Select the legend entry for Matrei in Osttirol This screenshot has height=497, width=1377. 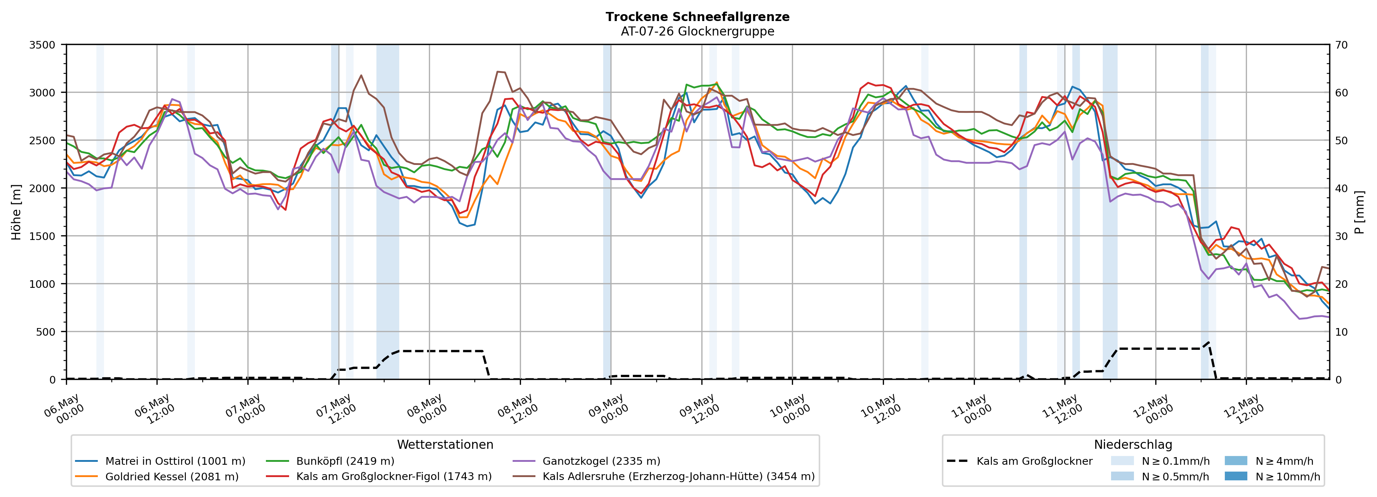pos(160,461)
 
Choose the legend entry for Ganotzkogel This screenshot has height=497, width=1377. pos(587,461)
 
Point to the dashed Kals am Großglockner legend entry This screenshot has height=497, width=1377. pos(1019,461)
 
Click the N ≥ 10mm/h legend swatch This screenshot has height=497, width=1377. pos(1236,476)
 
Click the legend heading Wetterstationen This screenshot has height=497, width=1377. pos(445,444)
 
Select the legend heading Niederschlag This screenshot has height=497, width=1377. pos(1133,444)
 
